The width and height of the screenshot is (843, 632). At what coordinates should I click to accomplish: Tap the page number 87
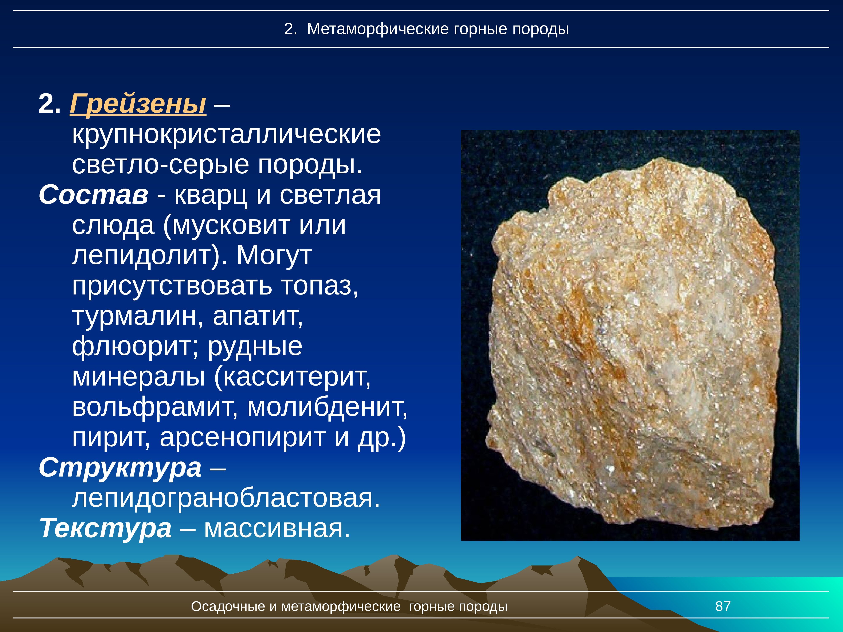tap(723, 606)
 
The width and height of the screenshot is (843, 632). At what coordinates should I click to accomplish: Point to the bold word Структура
tap(120, 468)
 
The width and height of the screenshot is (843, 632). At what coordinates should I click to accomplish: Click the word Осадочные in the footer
tap(228, 606)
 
